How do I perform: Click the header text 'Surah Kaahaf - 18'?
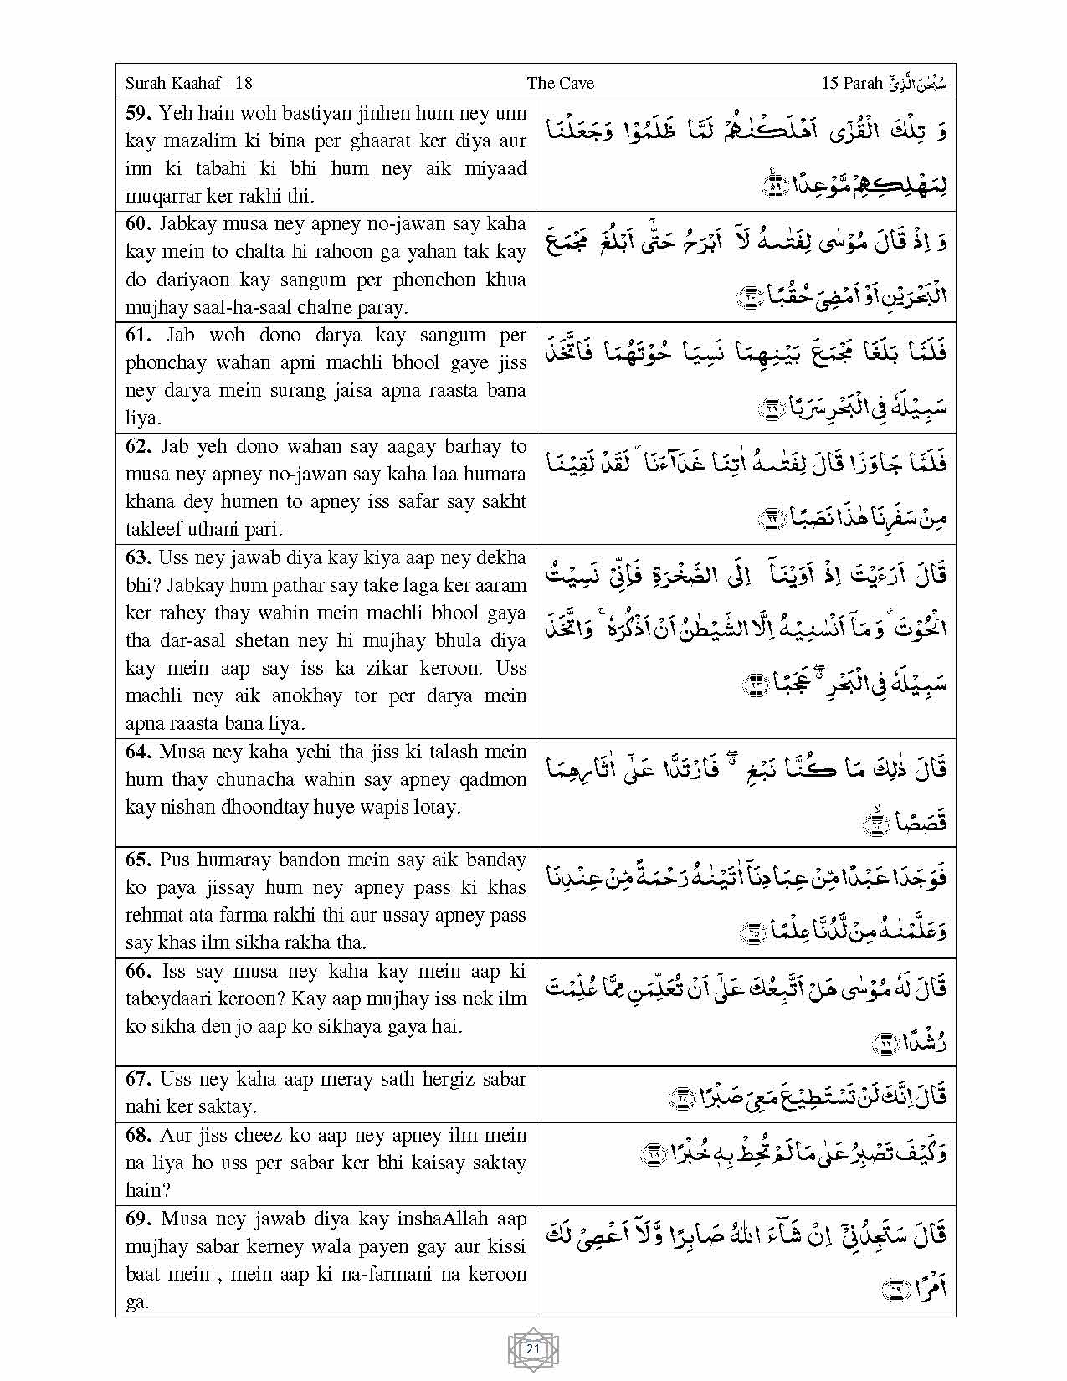188,83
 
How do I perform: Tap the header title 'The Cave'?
560,83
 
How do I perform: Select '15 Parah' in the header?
852,83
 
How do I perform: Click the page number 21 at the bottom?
533,1348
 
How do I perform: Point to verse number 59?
139,113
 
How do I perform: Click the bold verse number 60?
140,223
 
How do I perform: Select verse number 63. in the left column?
139,557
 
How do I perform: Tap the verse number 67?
140,1079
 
